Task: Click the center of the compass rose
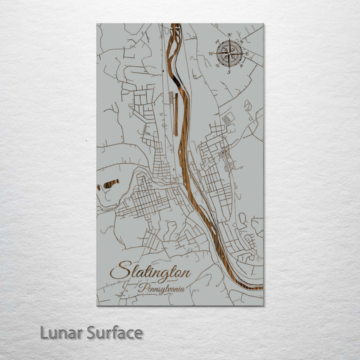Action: click(x=229, y=53)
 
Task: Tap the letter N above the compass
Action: click(x=229, y=35)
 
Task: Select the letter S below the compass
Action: click(x=229, y=72)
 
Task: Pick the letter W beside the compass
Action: click(x=211, y=53)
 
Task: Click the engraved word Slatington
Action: click(x=150, y=272)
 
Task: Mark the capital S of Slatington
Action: click(x=118, y=271)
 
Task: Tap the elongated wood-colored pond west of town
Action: click(x=108, y=185)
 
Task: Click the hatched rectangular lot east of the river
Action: click(x=227, y=118)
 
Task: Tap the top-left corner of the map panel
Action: click(x=97, y=24)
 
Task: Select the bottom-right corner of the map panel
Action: click(x=263, y=304)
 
